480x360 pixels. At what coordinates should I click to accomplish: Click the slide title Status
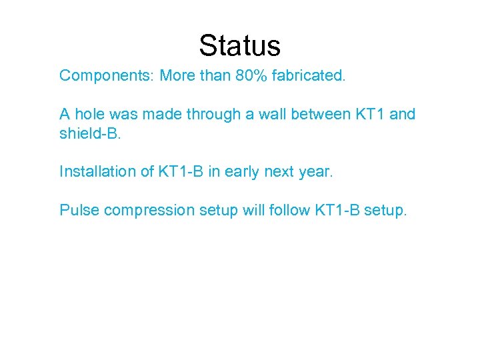click(240, 46)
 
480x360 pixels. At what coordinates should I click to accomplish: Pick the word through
click(198, 114)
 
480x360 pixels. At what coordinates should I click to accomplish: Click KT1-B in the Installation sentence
click(182, 171)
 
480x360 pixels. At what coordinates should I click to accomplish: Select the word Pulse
click(79, 210)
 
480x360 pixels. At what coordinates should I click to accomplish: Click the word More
click(177, 75)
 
